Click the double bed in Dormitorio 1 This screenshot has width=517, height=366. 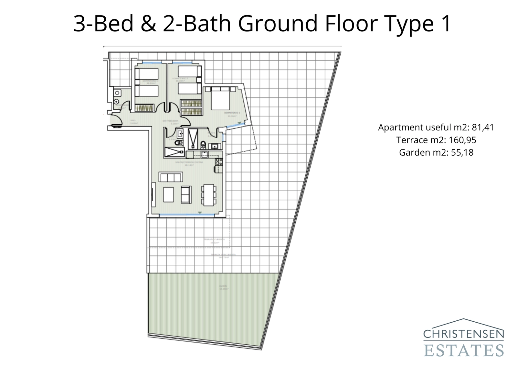(220, 99)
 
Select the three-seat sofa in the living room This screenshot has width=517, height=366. (171, 177)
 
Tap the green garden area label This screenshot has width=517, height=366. (223, 287)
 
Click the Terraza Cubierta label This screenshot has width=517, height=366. (214, 241)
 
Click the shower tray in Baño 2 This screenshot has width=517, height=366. (174, 152)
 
